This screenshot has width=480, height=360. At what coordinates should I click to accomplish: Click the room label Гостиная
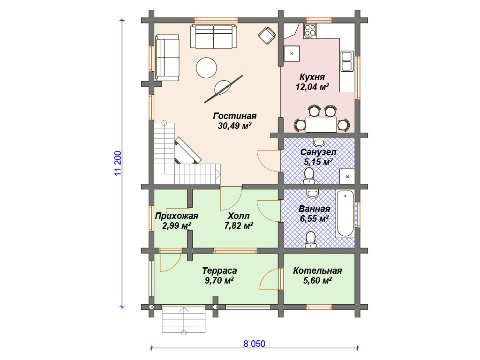click(235, 116)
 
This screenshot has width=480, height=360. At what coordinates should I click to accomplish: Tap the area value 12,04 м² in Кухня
click(312, 87)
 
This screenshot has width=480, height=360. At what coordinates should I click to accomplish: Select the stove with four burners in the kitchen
click(310, 31)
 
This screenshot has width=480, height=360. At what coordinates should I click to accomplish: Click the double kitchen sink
click(347, 61)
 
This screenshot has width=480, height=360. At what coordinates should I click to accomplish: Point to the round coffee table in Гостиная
click(206, 67)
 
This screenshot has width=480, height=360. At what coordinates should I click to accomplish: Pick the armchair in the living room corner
click(267, 36)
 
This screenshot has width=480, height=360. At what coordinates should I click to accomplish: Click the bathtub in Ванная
click(345, 214)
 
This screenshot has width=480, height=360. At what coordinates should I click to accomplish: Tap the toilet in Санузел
click(309, 176)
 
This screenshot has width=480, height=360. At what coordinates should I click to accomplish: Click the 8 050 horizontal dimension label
click(255, 344)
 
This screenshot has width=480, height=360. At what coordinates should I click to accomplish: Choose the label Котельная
click(317, 270)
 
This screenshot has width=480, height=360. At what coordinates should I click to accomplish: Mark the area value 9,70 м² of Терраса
click(219, 280)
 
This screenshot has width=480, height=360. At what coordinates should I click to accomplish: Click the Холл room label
click(239, 216)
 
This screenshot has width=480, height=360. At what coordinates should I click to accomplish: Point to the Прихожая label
click(177, 216)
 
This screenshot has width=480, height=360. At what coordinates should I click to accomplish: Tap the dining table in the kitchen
click(322, 125)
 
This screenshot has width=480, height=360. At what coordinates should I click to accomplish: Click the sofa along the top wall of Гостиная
click(214, 37)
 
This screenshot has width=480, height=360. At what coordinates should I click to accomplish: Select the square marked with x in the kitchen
click(292, 53)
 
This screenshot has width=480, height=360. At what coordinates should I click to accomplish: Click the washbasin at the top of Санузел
click(319, 142)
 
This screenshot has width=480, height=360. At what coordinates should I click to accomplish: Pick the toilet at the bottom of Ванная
click(311, 240)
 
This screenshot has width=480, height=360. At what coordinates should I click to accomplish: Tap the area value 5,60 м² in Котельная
click(317, 280)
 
